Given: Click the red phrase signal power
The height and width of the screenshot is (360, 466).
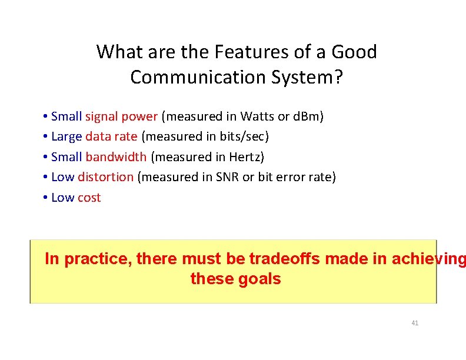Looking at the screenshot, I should click(121, 116).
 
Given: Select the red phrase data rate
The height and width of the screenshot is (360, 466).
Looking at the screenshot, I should click(111, 136).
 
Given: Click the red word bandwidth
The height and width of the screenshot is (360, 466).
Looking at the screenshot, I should click(116, 157).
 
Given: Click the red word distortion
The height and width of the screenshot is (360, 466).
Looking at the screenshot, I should click(105, 177).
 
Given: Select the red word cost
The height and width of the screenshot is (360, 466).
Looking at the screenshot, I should click(89, 198).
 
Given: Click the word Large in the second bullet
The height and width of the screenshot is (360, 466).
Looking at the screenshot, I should click(66, 136).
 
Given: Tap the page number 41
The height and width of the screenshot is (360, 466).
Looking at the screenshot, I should click(415, 323).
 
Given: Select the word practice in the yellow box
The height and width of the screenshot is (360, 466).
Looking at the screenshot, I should click(98, 259).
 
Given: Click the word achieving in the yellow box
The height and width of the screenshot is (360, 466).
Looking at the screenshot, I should click(426, 259).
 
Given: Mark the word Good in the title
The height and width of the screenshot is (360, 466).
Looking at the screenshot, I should click(354, 52).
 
